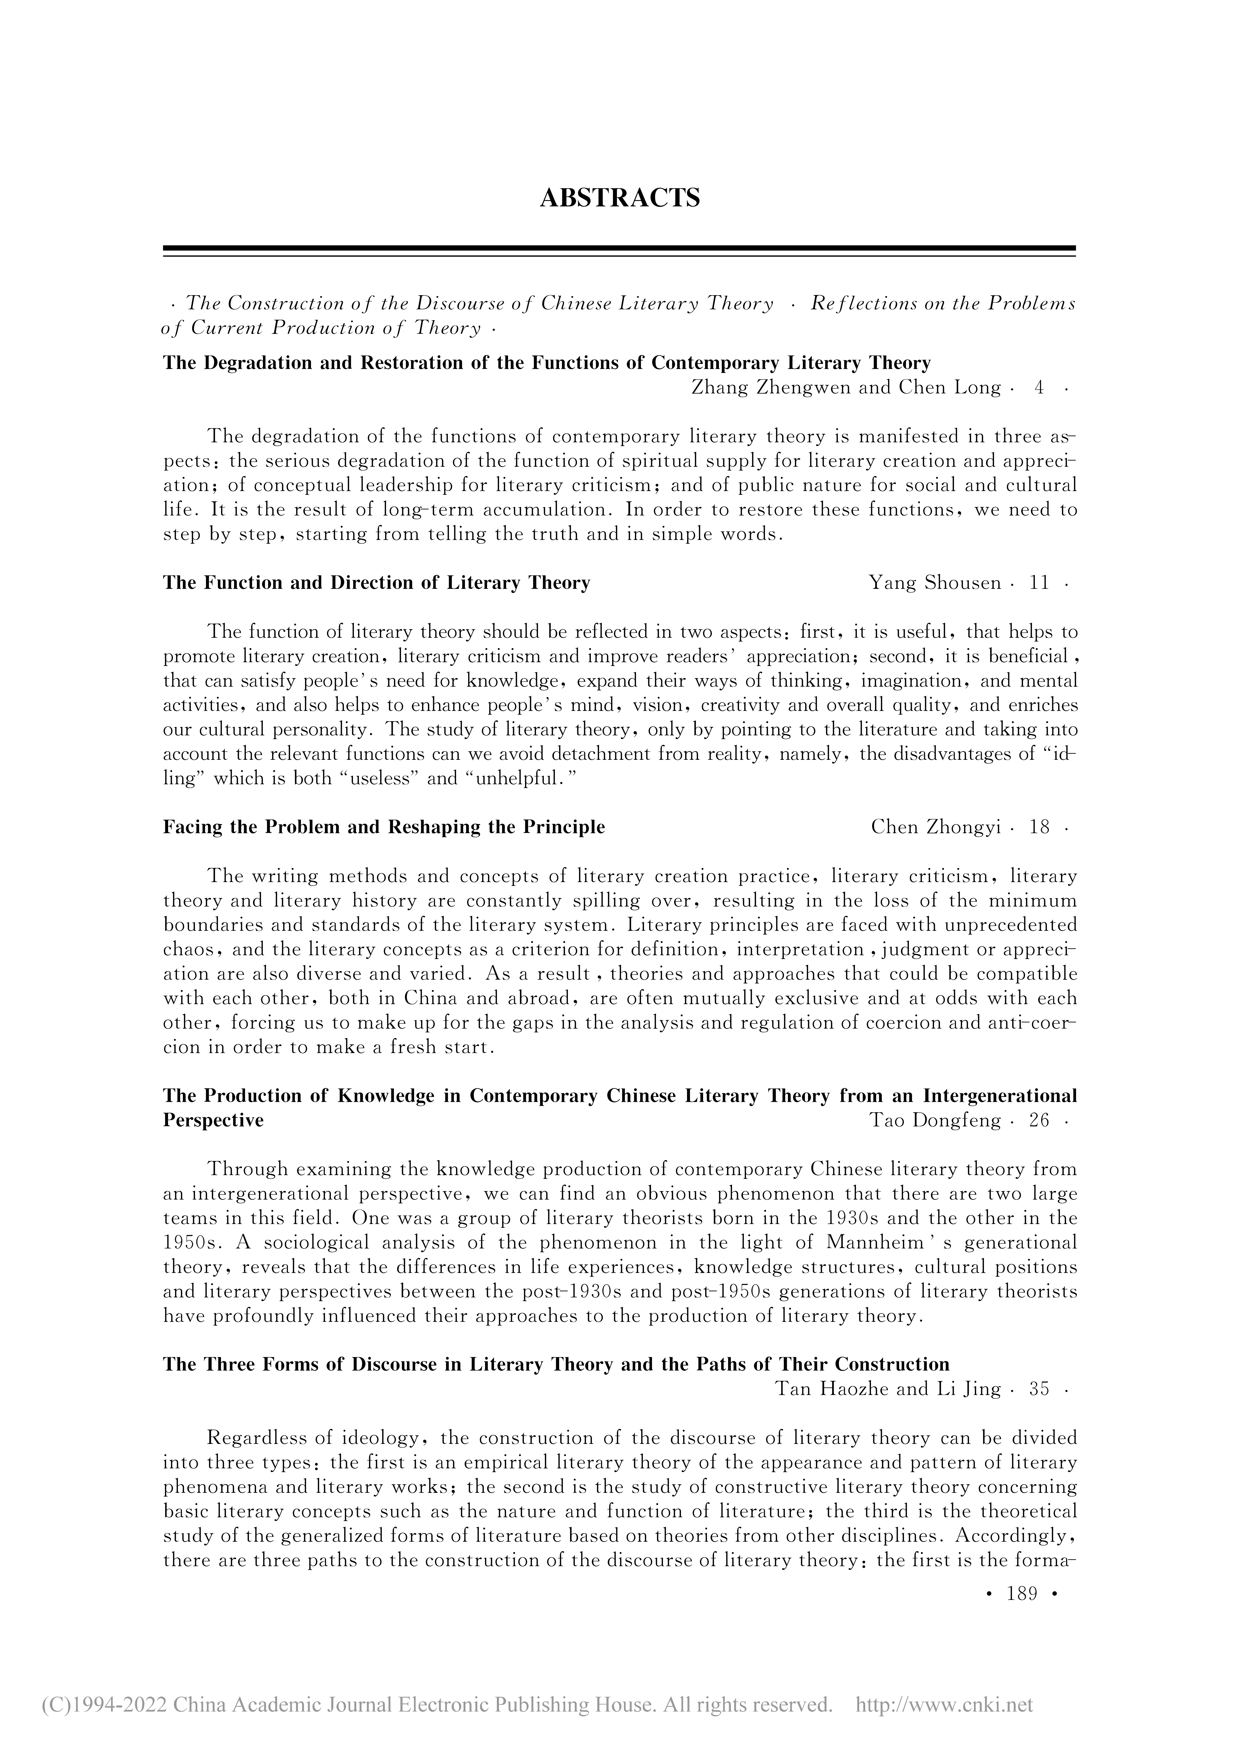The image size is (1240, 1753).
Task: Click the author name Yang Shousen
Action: pos(935,583)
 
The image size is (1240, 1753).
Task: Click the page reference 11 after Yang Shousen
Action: pos(1039,583)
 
